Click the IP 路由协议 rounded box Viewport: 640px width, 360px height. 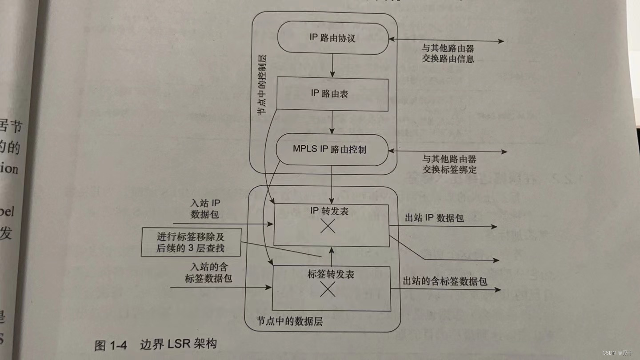[332, 38]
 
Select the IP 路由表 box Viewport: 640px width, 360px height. [332, 94]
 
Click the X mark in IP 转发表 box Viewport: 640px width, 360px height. [328, 227]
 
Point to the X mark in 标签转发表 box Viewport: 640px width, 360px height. [328, 289]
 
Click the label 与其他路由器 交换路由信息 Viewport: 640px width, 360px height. [448, 52]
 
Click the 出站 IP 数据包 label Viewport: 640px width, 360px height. [434, 218]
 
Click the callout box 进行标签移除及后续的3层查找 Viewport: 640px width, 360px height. [191, 243]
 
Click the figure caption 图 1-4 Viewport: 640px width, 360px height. [111, 345]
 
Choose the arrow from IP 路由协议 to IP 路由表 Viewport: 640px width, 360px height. [332, 66]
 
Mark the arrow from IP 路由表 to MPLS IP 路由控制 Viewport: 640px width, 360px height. [332, 122]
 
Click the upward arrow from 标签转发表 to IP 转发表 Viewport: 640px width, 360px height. [331, 256]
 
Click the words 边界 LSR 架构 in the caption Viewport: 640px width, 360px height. [178, 344]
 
